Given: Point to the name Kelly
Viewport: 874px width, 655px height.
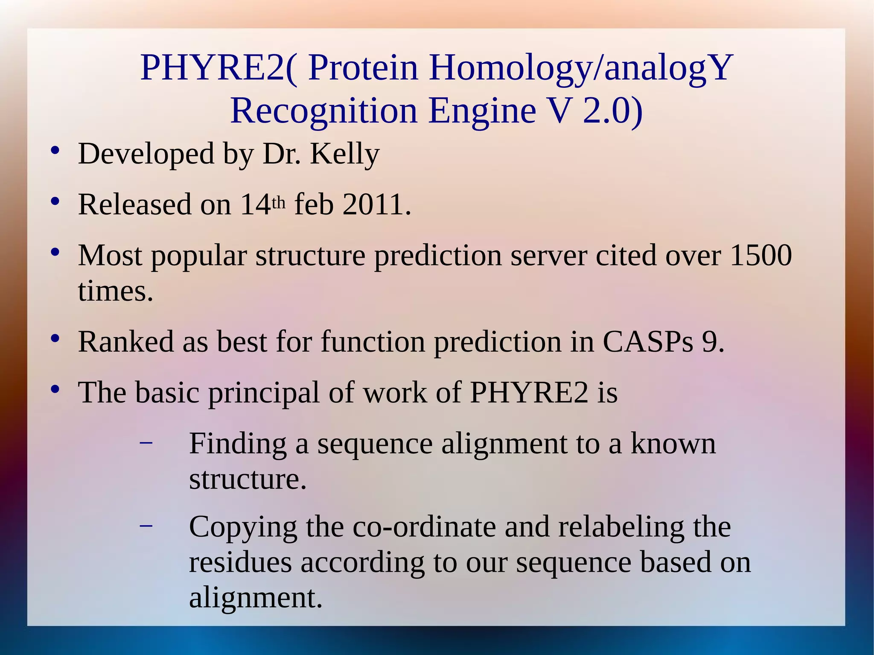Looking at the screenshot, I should [344, 154].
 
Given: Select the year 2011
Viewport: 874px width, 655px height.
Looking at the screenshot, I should [377, 205].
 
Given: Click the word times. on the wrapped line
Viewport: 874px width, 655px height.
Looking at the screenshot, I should [115, 291].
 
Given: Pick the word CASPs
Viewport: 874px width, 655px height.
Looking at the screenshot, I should [648, 342].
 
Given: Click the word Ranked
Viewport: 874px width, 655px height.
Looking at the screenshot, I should [126, 342].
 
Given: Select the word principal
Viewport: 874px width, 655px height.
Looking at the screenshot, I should [263, 393].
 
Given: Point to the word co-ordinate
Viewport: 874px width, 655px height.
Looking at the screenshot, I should [424, 527].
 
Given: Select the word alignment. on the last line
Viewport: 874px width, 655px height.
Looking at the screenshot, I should [256, 598].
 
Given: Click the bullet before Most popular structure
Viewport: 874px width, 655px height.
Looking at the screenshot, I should [54, 252].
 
